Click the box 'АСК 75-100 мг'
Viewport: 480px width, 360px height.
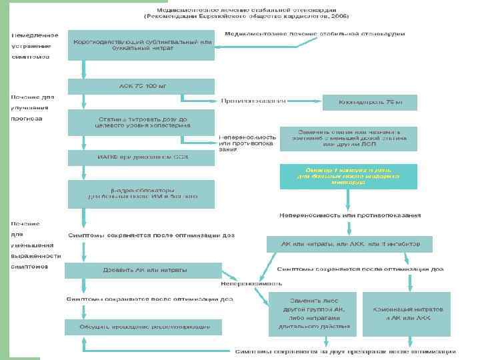point(141,86)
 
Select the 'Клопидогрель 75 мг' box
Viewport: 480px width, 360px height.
point(370,102)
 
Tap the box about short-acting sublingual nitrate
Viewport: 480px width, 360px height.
point(141,45)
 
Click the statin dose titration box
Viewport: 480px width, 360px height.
point(141,122)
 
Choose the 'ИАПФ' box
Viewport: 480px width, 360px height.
point(141,157)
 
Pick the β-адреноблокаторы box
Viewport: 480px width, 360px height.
point(141,193)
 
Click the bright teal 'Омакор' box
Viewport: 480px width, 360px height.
point(349,177)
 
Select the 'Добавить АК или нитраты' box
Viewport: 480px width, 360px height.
point(143,270)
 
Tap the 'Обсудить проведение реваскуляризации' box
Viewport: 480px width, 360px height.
point(143,327)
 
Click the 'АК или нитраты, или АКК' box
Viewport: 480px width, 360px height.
point(349,244)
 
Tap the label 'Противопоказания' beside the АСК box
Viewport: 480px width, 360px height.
point(253,101)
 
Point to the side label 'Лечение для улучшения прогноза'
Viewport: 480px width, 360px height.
point(32,107)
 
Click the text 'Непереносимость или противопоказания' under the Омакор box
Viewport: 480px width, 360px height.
point(349,215)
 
